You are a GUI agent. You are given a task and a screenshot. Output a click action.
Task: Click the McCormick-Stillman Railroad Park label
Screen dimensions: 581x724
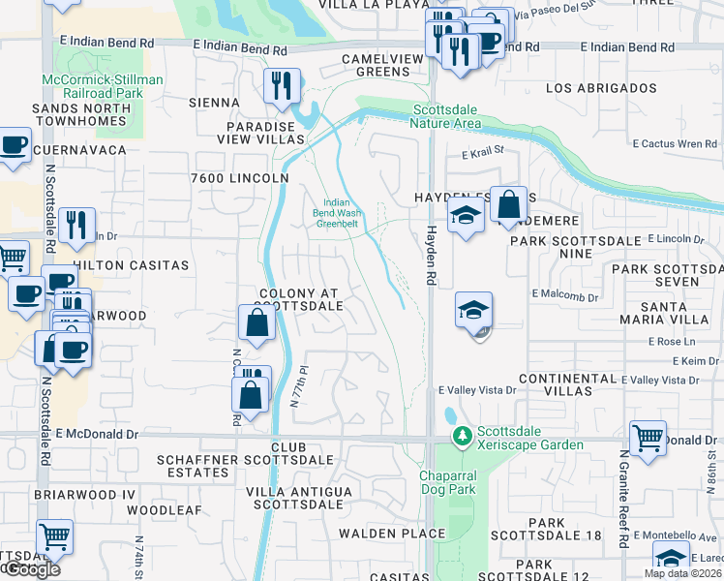102,86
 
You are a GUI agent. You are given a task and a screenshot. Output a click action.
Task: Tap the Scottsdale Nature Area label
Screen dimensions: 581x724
446,116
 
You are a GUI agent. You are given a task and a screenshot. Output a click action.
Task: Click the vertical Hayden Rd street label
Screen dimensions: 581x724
429,257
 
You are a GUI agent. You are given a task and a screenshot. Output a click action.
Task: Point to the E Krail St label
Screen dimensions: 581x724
484,151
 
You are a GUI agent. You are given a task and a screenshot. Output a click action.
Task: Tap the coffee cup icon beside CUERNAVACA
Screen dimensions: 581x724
14,146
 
